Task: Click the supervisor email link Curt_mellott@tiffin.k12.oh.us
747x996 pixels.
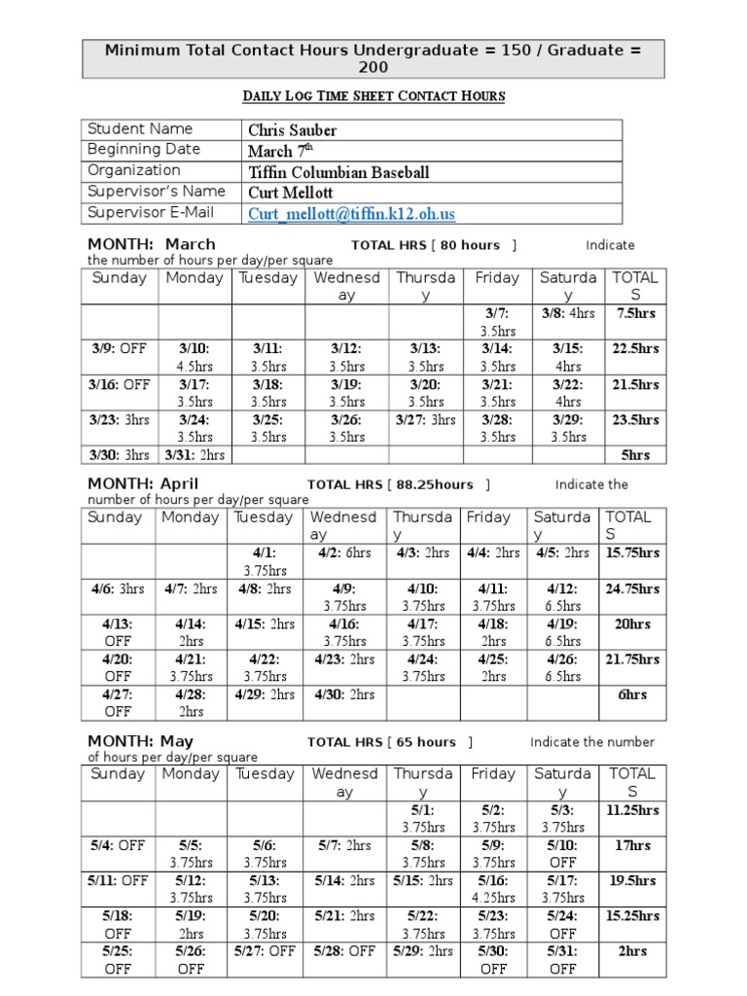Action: (351, 213)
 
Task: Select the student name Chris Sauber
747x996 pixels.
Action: (292, 129)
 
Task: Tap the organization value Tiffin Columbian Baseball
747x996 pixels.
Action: (338, 172)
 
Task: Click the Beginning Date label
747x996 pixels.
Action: (144, 150)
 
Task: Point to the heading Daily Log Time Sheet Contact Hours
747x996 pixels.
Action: (373, 96)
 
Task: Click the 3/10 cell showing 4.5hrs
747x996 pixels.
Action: (195, 357)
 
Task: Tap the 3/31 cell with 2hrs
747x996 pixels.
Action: (195, 455)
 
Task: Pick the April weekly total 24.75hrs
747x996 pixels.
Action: (632, 588)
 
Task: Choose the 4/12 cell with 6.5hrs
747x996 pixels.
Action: (562, 597)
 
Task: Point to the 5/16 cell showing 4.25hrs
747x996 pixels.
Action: (493, 889)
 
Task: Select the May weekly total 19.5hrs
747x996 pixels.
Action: (633, 880)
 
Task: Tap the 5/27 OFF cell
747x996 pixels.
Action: (265, 950)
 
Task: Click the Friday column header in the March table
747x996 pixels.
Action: (497, 278)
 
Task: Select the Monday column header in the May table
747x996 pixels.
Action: (191, 774)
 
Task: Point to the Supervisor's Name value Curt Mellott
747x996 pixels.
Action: (290, 193)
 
